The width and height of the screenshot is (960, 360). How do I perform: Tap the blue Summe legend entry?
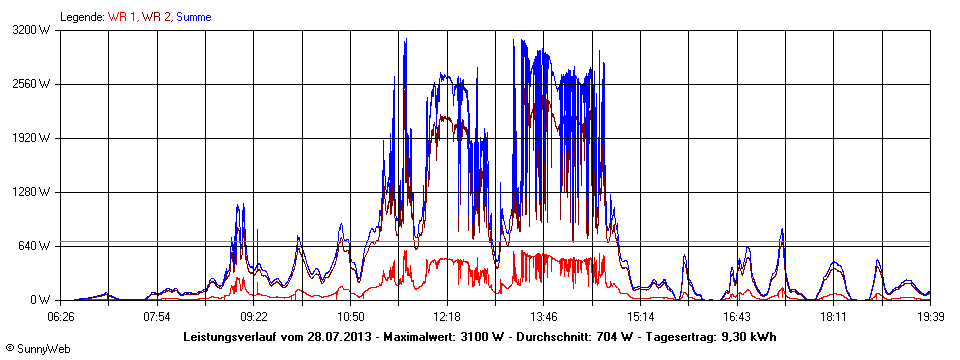pos(193,17)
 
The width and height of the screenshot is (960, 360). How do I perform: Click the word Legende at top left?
pos(82,17)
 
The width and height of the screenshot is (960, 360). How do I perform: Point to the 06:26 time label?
pos(61,317)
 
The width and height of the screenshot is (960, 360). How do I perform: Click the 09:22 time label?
pos(254,317)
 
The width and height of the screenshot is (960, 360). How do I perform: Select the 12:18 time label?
pos(447,317)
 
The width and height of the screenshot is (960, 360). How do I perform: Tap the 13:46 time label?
pos(543,317)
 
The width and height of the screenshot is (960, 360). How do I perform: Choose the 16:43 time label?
pos(737,317)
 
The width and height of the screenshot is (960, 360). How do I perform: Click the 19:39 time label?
pos(930,317)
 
